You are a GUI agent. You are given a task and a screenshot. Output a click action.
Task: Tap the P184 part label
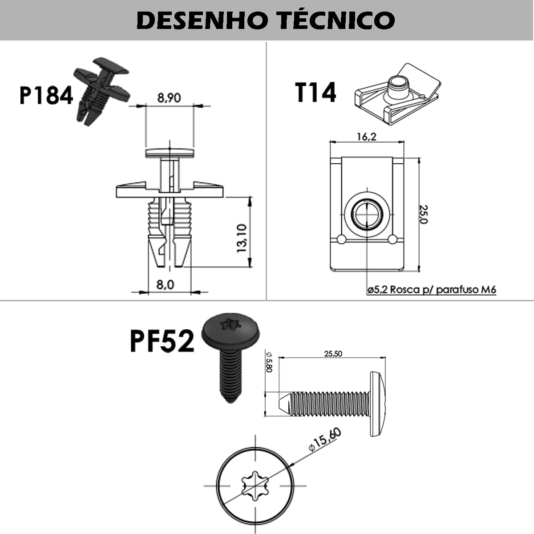point(46,95)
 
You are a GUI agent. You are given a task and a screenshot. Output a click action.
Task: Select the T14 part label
point(316,93)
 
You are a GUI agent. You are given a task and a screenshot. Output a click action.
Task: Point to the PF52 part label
point(162,342)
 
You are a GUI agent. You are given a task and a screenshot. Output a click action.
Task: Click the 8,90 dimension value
point(169,98)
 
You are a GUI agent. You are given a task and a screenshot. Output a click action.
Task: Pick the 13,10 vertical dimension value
point(242,238)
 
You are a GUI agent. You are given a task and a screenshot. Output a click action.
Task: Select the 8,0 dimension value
point(165,284)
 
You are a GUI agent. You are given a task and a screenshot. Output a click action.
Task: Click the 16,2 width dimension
point(366,136)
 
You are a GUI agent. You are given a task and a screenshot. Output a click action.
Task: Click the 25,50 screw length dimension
point(333,354)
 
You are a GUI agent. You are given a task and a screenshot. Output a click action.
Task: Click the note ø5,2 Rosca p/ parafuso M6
point(432,290)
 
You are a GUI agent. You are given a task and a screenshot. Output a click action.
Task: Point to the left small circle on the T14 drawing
point(341,240)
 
